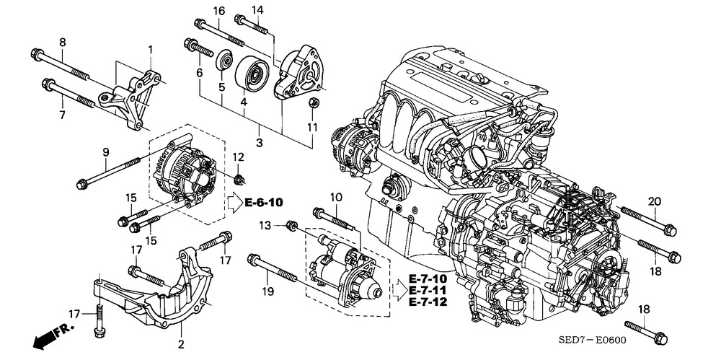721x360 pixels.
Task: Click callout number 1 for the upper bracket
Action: click(151, 49)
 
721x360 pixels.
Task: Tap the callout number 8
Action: click(63, 43)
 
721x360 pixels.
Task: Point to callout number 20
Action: click(654, 201)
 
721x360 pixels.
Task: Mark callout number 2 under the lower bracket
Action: click(180, 344)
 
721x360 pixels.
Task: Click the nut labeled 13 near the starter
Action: click(292, 227)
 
